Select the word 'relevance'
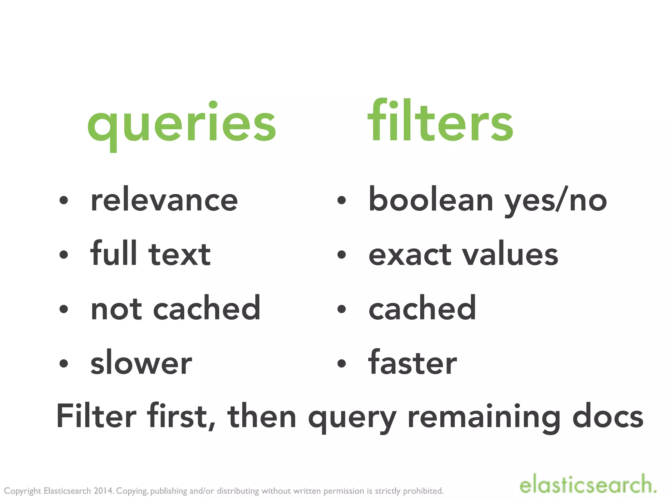pyautogui.click(x=164, y=200)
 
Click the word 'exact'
pyautogui.click(x=410, y=255)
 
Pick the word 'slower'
pyautogui.click(x=141, y=363)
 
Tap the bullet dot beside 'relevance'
pyautogui.click(x=64, y=201)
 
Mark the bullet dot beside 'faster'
pyautogui.click(x=341, y=364)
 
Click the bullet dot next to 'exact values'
pyautogui.click(x=341, y=255)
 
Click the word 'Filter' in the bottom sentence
pyautogui.click(x=96, y=417)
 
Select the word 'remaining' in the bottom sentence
pyautogui.click(x=484, y=417)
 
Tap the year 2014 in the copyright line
pyautogui.click(x=103, y=491)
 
